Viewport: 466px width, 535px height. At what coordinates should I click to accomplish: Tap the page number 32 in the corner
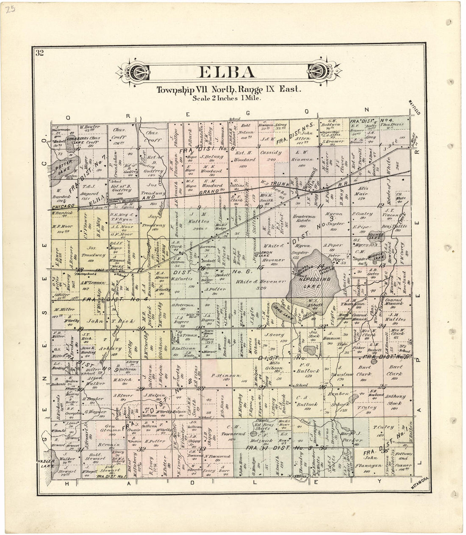(40, 53)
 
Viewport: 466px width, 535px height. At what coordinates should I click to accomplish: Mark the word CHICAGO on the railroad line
(63, 206)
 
